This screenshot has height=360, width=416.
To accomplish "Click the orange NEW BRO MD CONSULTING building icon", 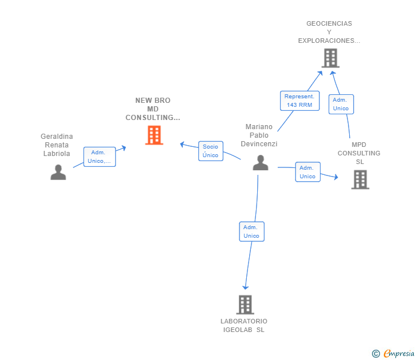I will point(154,135).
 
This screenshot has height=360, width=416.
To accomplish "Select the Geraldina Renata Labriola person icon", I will point(58,172).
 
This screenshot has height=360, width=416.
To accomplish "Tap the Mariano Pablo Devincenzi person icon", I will point(261,163).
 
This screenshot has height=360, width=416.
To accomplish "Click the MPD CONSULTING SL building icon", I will point(360,179).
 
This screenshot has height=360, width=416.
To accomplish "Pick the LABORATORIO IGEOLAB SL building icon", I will point(245,305).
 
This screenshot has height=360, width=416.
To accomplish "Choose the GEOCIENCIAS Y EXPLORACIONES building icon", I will point(330,58).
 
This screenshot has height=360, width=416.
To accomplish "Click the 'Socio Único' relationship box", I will point(210,151).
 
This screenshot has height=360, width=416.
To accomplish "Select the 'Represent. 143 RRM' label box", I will point(299,101).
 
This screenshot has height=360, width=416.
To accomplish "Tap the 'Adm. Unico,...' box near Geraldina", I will point(100,157).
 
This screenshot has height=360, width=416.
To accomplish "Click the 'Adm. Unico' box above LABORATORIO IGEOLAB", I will point(251,231).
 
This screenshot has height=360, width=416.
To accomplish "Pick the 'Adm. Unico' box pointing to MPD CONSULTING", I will point(307,172).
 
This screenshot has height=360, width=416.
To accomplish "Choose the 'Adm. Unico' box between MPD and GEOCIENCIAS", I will point(341,104).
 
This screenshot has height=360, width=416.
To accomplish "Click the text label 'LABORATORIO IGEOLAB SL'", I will point(244,325).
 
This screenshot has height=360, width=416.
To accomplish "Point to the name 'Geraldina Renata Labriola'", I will point(57,145).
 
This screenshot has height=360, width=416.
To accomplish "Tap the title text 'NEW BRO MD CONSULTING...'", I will point(153,109).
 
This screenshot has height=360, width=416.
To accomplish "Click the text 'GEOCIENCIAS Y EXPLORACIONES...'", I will point(329,32).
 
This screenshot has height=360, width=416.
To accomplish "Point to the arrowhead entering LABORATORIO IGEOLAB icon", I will point(246,287).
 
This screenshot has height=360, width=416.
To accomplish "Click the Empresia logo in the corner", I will point(398,353).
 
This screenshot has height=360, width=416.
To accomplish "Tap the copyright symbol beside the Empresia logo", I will point(375,354).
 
